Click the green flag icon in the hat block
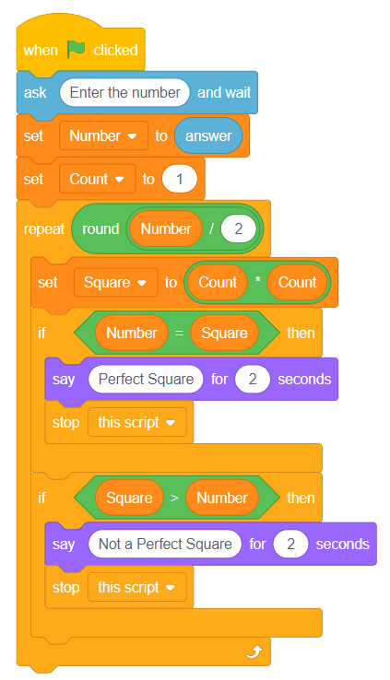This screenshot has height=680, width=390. point(76,50)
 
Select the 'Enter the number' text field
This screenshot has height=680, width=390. point(125,92)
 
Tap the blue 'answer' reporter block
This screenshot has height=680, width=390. point(208,135)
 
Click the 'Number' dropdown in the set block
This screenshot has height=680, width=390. point(103,135)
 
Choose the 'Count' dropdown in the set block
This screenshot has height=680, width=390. point(97,179)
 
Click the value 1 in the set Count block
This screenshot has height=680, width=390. point(180,179)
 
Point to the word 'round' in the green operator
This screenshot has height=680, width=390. point(100,229)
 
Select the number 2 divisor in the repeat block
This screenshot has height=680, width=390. point(238,229)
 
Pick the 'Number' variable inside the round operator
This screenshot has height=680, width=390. point(166,229)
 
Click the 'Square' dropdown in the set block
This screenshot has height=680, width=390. point(116,282)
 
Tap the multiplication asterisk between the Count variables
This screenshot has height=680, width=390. point(257,280)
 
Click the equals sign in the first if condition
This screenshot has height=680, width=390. point(179,333)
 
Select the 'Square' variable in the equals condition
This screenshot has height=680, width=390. point(224,333)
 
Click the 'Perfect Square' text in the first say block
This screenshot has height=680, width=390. point(147,379)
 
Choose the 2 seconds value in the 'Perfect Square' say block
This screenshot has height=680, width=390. point(253,379)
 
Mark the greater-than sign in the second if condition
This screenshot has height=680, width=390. point(174,498)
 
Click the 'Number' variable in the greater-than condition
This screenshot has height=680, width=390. point(222,498)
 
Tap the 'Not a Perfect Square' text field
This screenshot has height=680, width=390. point(165,544)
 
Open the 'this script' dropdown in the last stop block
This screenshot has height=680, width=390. point(137,587)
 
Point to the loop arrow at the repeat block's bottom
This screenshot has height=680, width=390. point(254,651)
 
